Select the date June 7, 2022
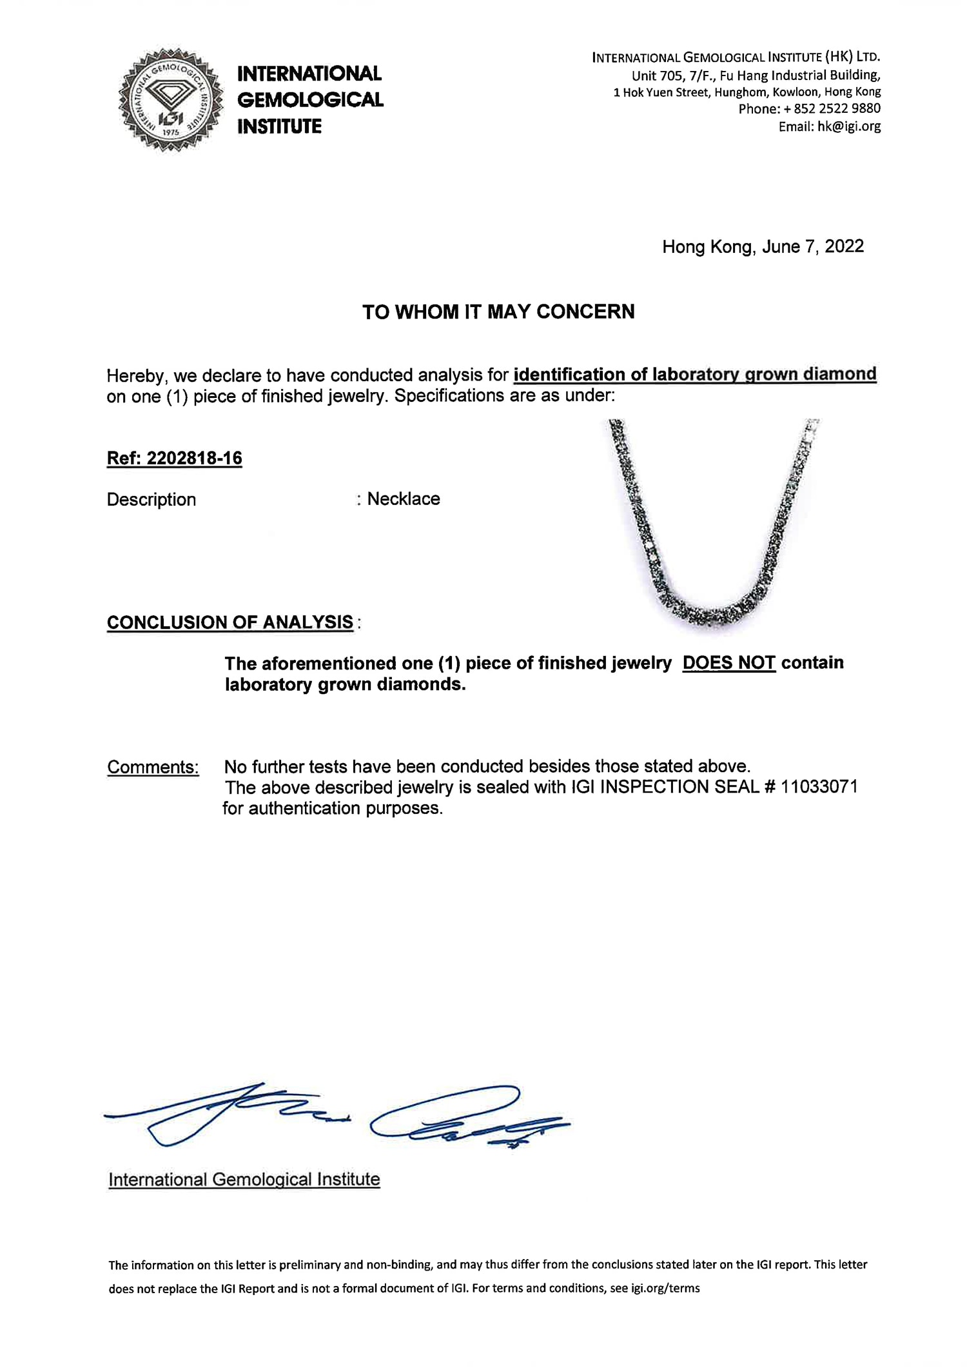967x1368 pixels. (813, 246)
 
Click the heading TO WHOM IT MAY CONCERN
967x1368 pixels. (498, 312)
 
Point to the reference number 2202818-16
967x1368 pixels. (194, 459)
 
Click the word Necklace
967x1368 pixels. (404, 499)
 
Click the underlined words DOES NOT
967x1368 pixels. (728, 663)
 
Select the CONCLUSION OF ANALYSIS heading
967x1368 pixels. (230, 622)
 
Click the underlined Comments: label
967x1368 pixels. (153, 768)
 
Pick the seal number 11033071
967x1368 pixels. (819, 788)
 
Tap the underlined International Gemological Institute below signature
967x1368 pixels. (244, 1180)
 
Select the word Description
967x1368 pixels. (151, 500)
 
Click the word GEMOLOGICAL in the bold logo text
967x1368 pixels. (310, 100)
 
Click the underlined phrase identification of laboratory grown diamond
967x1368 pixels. (695, 375)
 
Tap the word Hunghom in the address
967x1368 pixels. (737, 92)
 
